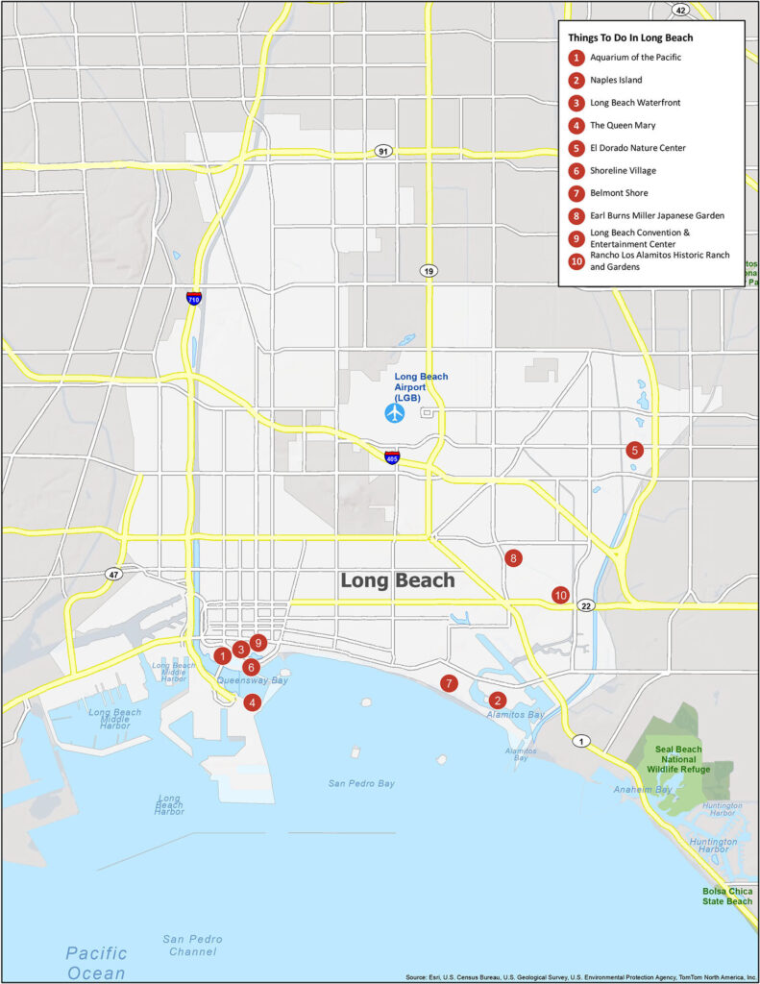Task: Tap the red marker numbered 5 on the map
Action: pyautogui.click(x=634, y=450)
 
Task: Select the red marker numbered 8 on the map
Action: pyautogui.click(x=514, y=558)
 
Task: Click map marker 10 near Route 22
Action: pyautogui.click(x=560, y=596)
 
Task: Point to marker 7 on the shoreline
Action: pyautogui.click(x=448, y=683)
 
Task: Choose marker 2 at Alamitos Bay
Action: pyautogui.click(x=498, y=700)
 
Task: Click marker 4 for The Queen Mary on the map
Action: pyautogui.click(x=252, y=702)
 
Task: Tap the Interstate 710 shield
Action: pyautogui.click(x=194, y=298)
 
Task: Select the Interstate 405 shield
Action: pyautogui.click(x=392, y=456)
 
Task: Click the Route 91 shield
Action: pyautogui.click(x=383, y=152)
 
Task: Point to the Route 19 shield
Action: pyautogui.click(x=429, y=271)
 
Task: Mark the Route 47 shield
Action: pyautogui.click(x=112, y=574)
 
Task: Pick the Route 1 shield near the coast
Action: pyautogui.click(x=580, y=741)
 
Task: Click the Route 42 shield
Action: pyautogui.click(x=680, y=10)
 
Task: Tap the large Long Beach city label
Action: pyautogui.click(x=398, y=580)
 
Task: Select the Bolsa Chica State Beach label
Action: pyautogui.click(x=727, y=896)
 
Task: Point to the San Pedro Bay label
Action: pyautogui.click(x=361, y=783)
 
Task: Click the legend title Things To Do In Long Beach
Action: pyautogui.click(x=630, y=37)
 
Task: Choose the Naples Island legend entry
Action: pyautogui.click(x=616, y=80)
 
